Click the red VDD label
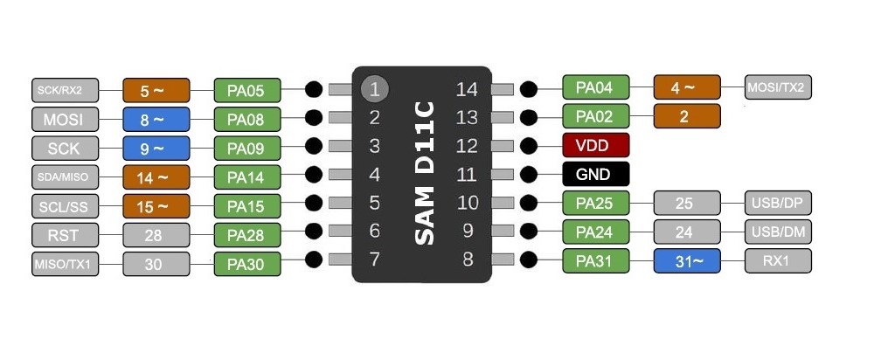(596, 145)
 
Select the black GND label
(596, 174)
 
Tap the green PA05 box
(246, 90)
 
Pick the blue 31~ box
(687, 260)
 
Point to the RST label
(66, 234)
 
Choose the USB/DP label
(778, 203)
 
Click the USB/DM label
(778, 232)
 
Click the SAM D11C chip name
(424, 173)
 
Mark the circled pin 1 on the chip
(374, 88)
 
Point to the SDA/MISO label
(66, 177)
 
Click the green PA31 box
(596, 260)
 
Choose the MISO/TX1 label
(66, 263)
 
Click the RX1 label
(778, 260)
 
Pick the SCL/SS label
(66, 206)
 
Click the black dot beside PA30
(314, 259)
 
